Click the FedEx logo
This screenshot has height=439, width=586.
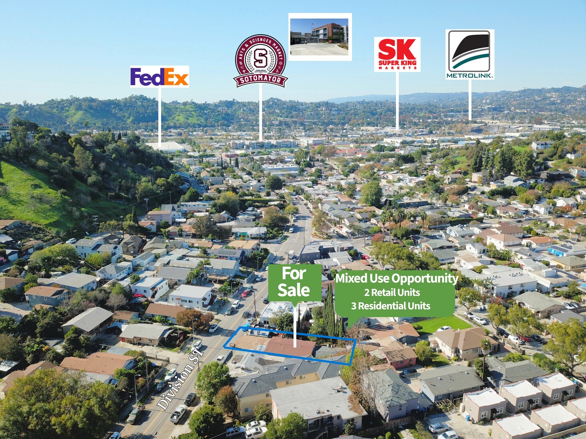tap(159, 77)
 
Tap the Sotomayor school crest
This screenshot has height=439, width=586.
tap(260, 61)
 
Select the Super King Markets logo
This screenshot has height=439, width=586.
tap(397, 54)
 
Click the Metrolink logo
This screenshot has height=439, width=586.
tap(470, 54)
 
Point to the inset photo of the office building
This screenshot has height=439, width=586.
tap(320, 37)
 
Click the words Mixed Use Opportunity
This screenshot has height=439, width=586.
tap(397, 278)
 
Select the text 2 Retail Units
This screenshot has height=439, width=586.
tap(392, 292)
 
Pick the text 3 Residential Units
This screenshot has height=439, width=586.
tap(391, 306)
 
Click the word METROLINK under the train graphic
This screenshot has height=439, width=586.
tap(470, 76)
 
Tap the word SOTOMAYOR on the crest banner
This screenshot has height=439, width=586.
tap(260, 79)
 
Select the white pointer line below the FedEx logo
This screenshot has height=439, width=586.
tap(159, 114)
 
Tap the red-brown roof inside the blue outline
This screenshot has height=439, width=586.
tap(290, 347)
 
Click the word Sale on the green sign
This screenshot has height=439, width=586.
tap(294, 290)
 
